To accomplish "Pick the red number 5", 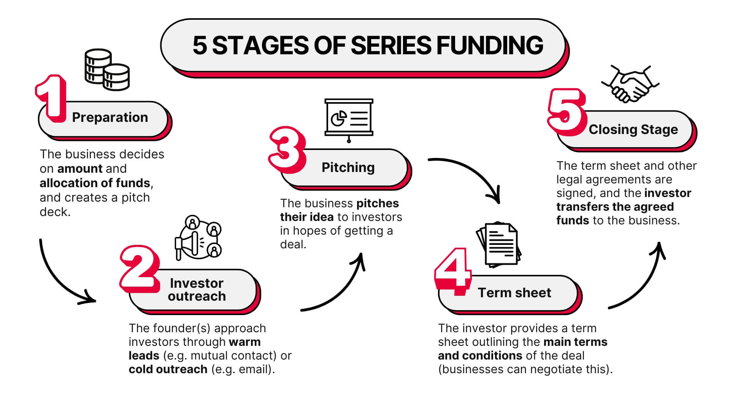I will (566, 112).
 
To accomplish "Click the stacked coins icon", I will (107, 70).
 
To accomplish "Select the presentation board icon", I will (349, 119).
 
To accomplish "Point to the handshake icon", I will (630, 85).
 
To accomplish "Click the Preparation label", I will (110, 118).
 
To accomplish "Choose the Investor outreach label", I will (197, 290).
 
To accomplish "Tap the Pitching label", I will (348, 167).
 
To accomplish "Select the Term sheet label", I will (514, 293).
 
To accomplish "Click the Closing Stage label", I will (633, 129).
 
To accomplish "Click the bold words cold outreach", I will (168, 369).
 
